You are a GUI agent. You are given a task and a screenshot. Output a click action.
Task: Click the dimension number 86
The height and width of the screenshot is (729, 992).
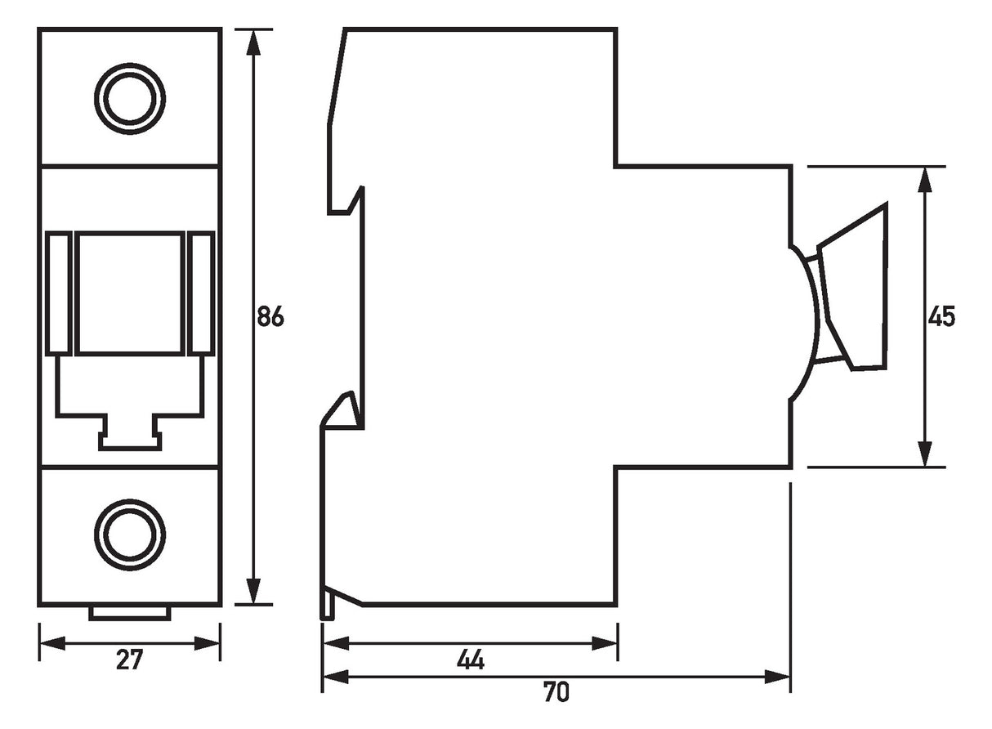[270, 316]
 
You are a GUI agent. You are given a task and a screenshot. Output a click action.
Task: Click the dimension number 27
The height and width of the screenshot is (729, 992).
[130, 660]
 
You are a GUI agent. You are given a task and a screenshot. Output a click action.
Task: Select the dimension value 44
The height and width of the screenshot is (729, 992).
[471, 660]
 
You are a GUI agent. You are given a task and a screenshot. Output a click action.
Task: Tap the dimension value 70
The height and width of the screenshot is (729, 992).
[556, 691]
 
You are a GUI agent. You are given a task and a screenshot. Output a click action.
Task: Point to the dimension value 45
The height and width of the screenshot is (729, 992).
[941, 317]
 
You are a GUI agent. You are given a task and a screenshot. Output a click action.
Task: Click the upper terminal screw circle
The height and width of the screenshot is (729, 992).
[130, 99]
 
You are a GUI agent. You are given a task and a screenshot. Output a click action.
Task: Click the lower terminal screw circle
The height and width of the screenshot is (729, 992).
[130, 535]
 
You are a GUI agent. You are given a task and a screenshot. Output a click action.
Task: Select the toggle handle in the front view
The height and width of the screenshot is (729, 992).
[130, 293]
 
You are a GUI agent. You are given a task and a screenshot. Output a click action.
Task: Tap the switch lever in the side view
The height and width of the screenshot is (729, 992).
[851, 288]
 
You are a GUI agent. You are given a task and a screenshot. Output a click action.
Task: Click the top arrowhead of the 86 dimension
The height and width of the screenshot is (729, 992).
[252, 42]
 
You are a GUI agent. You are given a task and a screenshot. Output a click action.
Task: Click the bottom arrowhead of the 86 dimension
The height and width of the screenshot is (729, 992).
[252, 591]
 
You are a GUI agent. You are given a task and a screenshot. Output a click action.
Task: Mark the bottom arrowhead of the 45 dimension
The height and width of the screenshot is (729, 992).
[925, 454]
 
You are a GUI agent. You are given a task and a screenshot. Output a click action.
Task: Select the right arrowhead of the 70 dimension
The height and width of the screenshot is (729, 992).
[778, 677]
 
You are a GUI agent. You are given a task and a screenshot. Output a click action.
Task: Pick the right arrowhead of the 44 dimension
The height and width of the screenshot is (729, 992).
[605, 643]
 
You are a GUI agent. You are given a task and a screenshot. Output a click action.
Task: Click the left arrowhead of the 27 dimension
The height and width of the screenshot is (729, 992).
[52, 643]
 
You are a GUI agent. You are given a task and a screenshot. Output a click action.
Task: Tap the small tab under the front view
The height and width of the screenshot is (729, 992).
[130, 614]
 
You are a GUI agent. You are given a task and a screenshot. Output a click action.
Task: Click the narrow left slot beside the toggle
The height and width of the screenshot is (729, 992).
[59, 293]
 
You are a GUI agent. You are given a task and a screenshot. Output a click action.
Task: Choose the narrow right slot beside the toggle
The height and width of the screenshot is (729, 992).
[201, 293]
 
